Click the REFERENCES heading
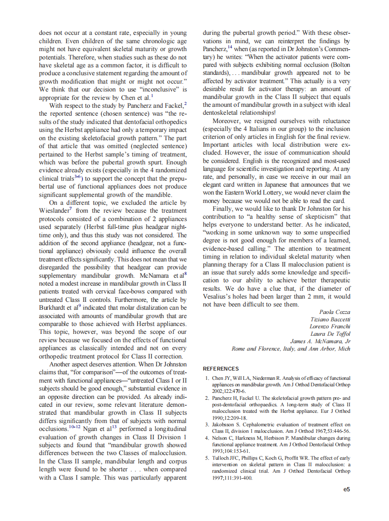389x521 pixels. [x=221, y=369]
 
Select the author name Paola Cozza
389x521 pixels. [x=335, y=312]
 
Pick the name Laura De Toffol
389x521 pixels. [x=330, y=334]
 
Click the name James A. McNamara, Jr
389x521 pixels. [x=320, y=341]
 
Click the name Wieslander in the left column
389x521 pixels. [x=54, y=210]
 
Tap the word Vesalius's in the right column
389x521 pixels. [x=219, y=297]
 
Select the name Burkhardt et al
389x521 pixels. [x=53, y=307]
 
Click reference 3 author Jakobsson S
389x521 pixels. [x=227, y=424]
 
